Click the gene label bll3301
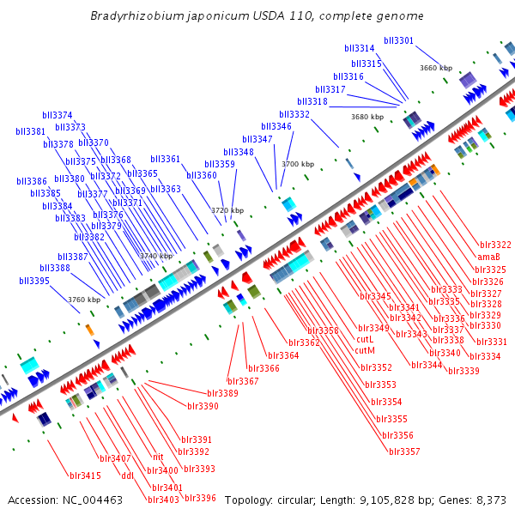click(398, 40)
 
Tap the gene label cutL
click(365, 339)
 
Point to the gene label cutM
click(365, 350)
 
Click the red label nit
click(158, 457)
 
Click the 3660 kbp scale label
click(436, 67)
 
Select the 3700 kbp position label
click(298, 164)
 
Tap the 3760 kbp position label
click(84, 300)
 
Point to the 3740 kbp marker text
click(156, 256)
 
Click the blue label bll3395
click(34, 281)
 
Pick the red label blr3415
click(85, 476)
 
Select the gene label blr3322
click(495, 245)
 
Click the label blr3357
click(404, 451)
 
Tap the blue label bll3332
click(294, 114)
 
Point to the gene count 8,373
click(490, 500)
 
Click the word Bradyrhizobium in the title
click(132, 16)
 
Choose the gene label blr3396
click(200, 498)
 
